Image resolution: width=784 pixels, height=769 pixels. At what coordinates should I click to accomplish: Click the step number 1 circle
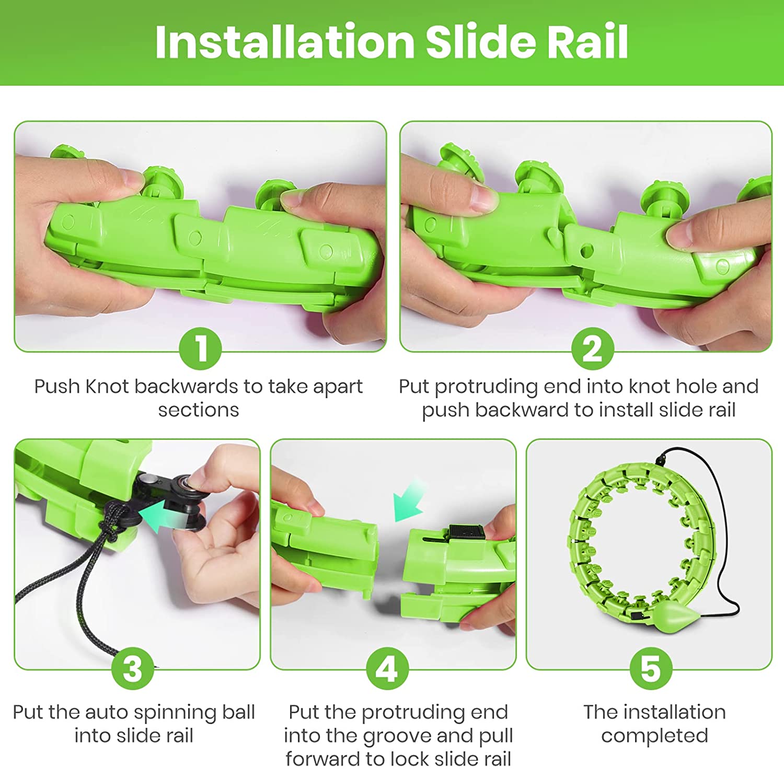[201, 348]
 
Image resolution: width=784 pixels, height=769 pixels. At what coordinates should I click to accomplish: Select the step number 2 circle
[592, 348]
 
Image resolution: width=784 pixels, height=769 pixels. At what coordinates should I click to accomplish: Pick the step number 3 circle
[133, 668]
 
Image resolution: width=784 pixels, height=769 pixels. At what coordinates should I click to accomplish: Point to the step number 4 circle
[387, 668]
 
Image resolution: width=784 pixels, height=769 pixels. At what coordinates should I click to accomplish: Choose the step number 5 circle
[651, 668]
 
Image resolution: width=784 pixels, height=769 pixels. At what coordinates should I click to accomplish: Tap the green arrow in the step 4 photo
[410, 502]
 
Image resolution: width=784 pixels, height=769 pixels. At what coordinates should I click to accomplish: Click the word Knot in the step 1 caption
[107, 387]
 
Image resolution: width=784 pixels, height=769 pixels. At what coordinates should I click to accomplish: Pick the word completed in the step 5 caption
[654, 736]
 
